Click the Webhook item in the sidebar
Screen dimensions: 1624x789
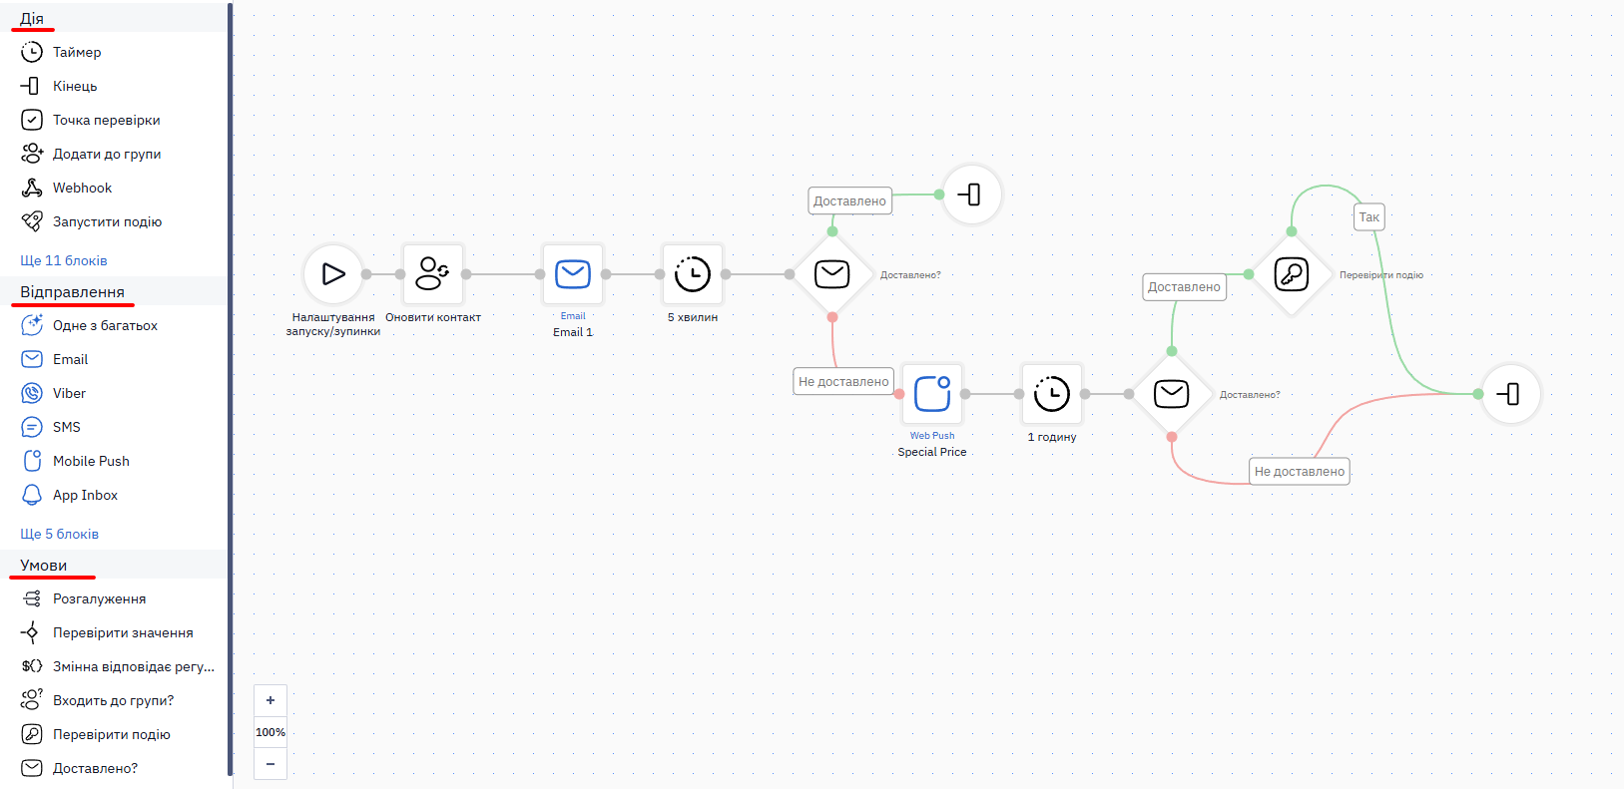pyautogui.click(x=82, y=188)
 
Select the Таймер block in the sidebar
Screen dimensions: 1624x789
pyautogui.click(x=76, y=52)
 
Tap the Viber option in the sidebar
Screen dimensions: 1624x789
pyautogui.click(x=69, y=393)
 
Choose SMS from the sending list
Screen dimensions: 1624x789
pyautogui.click(x=66, y=428)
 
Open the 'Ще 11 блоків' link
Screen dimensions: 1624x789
pyautogui.click(x=64, y=260)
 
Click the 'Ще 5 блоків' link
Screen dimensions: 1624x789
pyautogui.click(x=60, y=534)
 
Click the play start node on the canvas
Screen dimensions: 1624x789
pyautogui.click(x=332, y=274)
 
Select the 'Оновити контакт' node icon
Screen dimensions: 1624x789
pyautogui.click(x=433, y=274)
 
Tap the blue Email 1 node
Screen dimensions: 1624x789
pyautogui.click(x=573, y=274)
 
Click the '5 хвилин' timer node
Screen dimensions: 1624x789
pyautogui.click(x=693, y=274)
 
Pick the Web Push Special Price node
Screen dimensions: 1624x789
pyautogui.click(x=932, y=394)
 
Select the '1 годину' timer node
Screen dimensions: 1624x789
pyautogui.click(x=1052, y=394)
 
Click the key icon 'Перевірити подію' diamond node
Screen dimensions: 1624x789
pyautogui.click(x=1292, y=274)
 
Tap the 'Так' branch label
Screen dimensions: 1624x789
pyautogui.click(x=1368, y=217)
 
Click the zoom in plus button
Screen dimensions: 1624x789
pyautogui.click(x=271, y=700)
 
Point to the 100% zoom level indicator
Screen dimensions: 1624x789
pyautogui.click(x=271, y=732)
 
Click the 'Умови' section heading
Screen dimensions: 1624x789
pyautogui.click(x=44, y=566)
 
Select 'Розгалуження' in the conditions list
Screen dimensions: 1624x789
pyautogui.click(x=100, y=599)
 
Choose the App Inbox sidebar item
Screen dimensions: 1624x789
pyautogui.click(x=85, y=496)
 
